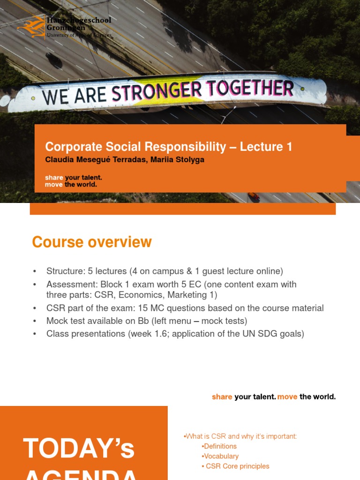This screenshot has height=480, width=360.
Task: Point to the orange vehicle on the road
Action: pyautogui.click(x=254, y=196)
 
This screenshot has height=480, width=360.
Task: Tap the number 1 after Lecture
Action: pyautogui.click(x=289, y=147)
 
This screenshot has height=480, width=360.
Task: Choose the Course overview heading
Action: pyautogui.click(x=92, y=242)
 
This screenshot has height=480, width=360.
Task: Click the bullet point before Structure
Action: pyautogui.click(x=35, y=271)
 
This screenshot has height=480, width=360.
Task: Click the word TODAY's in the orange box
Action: pyautogui.click(x=79, y=448)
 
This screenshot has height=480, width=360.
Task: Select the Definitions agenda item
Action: pyautogui.click(x=220, y=446)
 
